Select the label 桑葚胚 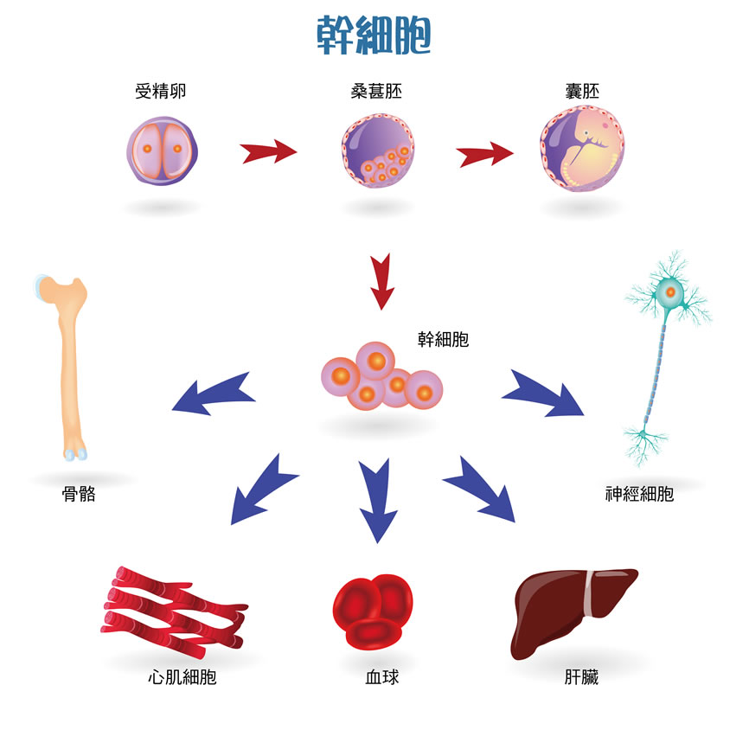376,92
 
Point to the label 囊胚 583,92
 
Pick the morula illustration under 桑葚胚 379,151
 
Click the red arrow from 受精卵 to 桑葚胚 268,154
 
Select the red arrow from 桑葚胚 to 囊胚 484,156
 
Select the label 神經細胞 639,496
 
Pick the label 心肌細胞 182,677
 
